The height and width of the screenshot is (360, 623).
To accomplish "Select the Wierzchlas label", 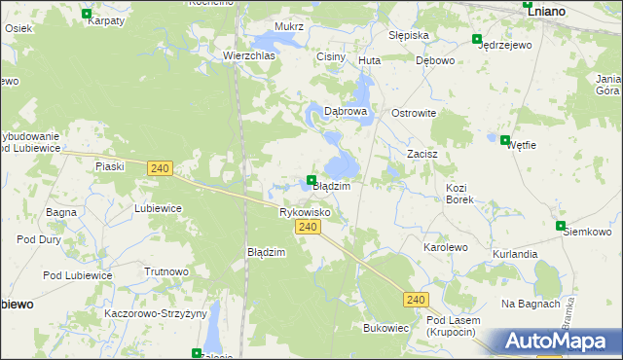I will click(249, 56).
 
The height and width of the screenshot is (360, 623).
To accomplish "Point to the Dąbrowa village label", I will click(346, 112).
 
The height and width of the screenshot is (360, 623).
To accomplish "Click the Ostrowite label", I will click(414, 113).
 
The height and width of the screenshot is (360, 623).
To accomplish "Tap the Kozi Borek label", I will click(459, 193).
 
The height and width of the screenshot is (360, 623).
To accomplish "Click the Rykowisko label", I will click(305, 211).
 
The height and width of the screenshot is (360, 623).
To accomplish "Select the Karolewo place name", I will click(445, 248).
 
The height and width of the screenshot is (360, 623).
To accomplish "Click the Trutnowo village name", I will click(165, 271).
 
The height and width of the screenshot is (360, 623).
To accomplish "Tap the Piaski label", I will click(110, 166).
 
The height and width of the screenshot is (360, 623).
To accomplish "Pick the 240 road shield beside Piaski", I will click(162, 168).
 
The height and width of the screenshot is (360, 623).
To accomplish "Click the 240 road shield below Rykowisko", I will click(308, 227).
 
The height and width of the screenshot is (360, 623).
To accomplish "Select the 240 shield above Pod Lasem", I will click(417, 300).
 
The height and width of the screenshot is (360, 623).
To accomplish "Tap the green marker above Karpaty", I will click(88, 15).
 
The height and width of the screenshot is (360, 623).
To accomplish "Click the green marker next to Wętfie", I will click(504, 140).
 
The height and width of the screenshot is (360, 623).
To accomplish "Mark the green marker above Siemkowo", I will click(562, 226).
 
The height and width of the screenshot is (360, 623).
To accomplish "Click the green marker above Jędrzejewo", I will click(477, 39).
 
